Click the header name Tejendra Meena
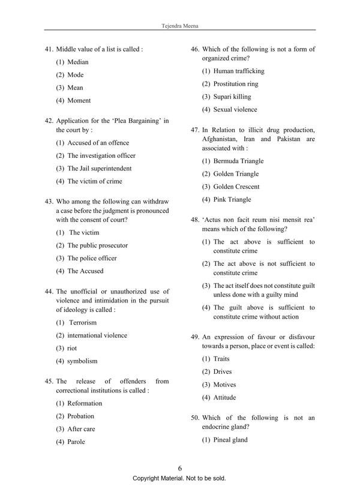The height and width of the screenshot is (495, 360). (180, 26)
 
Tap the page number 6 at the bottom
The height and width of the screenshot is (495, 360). (180, 469)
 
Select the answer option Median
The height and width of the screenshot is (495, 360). (77, 62)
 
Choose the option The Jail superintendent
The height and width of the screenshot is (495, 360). (99, 169)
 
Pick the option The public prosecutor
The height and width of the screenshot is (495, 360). (97, 245)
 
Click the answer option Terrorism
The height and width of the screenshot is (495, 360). (83, 323)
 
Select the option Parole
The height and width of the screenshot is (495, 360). (76, 442)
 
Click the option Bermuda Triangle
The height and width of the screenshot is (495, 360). (238, 161)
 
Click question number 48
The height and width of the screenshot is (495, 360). (195, 220)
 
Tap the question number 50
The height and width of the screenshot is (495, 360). (195, 418)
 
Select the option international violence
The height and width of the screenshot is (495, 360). (97, 335)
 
